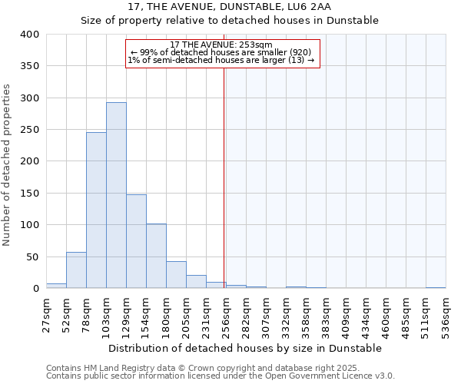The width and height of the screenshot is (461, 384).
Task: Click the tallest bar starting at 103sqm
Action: (116, 195)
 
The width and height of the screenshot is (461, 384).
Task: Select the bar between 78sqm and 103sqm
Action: (96, 210)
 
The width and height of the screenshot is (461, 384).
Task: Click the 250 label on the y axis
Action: (29, 130)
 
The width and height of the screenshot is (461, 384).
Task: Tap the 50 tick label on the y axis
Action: (32, 257)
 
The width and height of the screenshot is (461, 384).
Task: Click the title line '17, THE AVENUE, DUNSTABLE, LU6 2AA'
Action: (230, 7)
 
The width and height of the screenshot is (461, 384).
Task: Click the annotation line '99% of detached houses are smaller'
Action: (221, 52)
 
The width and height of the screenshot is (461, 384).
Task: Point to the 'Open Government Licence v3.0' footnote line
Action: (221, 376)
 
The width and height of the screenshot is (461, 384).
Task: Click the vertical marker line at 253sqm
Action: (224, 169)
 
